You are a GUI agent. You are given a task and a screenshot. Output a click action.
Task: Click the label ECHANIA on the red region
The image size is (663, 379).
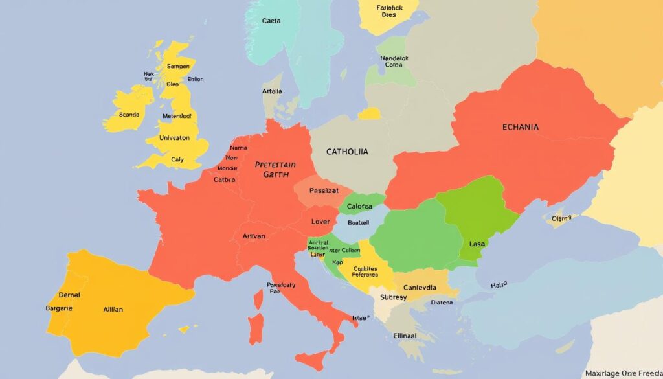[x=520, y=128]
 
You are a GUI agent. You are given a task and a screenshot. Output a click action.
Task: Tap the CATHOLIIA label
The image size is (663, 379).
[x=347, y=152]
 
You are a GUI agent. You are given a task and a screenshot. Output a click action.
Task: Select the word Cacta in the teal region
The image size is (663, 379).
[x=271, y=21]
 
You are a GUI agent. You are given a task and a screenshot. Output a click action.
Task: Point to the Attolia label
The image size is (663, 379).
[x=273, y=92]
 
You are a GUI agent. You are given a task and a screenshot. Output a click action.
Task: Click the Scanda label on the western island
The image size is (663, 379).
[x=129, y=115]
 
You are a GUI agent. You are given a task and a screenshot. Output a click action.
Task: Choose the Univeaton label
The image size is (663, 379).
[x=174, y=137]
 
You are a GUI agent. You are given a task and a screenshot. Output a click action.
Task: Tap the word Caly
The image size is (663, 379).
[x=177, y=159]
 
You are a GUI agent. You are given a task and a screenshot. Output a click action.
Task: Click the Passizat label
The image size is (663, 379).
[x=324, y=191]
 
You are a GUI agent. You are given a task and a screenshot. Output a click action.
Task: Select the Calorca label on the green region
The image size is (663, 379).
[x=359, y=207]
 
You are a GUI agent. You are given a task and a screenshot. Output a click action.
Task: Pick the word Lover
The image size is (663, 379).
[x=320, y=222]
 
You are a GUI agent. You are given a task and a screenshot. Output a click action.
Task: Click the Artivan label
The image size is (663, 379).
[x=253, y=236]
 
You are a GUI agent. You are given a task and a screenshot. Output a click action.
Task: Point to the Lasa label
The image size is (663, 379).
[x=477, y=244]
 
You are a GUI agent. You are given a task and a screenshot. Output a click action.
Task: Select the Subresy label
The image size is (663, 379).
[x=393, y=297]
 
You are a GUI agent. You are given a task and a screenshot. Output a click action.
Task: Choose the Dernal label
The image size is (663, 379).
[x=69, y=295]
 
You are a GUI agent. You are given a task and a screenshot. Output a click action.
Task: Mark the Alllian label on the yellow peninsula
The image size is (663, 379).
[x=113, y=310]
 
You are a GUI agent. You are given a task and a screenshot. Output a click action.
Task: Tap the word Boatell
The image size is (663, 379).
[x=358, y=222]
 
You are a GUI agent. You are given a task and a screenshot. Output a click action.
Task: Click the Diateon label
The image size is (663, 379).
[x=442, y=302]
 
